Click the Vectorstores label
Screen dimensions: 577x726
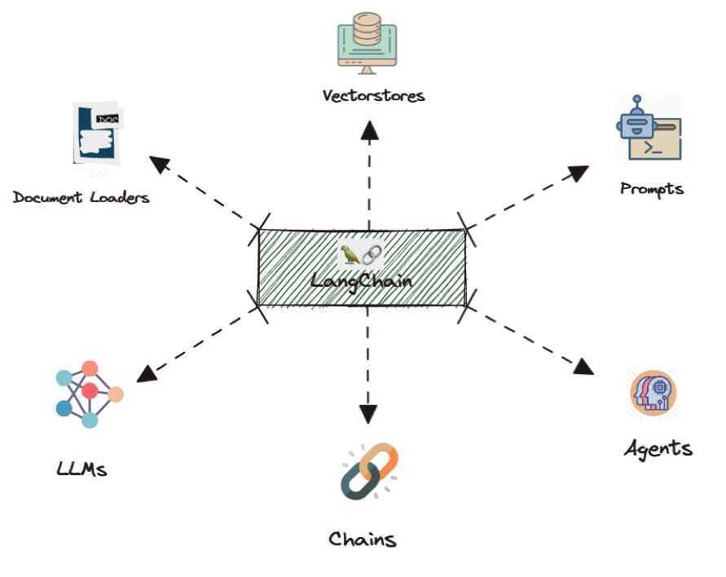tap(373, 95)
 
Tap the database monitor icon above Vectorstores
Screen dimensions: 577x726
tap(367, 40)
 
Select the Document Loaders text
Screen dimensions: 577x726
tap(81, 197)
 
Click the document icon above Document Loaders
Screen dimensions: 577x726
tap(96, 134)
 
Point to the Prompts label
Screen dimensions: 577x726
tap(652, 189)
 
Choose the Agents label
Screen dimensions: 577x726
tap(658, 448)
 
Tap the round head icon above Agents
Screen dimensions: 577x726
tap(653, 393)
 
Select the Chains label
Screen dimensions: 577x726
tap(363, 539)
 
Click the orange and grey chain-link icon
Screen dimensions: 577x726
tap(368, 470)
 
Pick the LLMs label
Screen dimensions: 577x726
tap(82, 469)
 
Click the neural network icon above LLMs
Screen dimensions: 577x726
tap(89, 394)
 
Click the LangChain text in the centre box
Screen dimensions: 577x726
tap(361, 281)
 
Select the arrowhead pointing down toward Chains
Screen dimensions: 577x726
tap(368, 414)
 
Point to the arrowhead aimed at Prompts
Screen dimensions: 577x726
tap(579, 172)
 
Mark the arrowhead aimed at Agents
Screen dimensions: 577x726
tap(583, 366)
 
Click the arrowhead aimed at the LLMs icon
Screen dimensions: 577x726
tap(147, 373)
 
